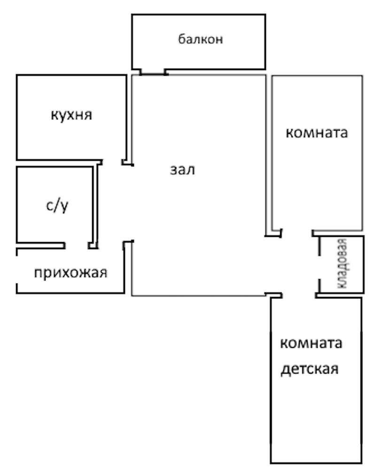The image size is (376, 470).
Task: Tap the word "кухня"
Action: (71, 115)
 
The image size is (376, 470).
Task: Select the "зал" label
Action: (182, 170)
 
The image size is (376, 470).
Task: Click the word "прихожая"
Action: (70, 272)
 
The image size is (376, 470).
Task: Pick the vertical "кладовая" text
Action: (343, 264)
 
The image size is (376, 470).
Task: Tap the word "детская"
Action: (309, 368)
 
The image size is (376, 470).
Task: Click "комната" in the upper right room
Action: (317, 133)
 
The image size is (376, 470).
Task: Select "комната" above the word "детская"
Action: (311, 343)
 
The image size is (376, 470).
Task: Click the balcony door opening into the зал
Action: (153, 73)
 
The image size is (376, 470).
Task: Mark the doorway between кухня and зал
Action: (113, 163)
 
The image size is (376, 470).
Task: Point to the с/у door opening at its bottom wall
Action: (77, 245)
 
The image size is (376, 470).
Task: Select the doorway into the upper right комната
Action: (297, 232)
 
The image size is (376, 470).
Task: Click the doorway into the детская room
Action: (298, 296)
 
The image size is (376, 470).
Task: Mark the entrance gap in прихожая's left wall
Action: (17, 270)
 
